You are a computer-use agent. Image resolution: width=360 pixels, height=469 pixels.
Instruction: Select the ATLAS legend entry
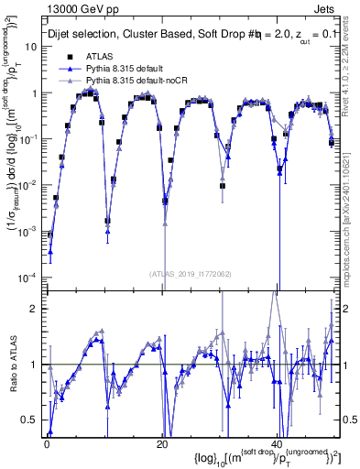(107, 56)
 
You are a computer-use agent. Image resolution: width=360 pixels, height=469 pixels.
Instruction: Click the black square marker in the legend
(70, 56)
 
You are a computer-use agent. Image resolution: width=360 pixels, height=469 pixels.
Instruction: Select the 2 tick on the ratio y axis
(34, 308)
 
